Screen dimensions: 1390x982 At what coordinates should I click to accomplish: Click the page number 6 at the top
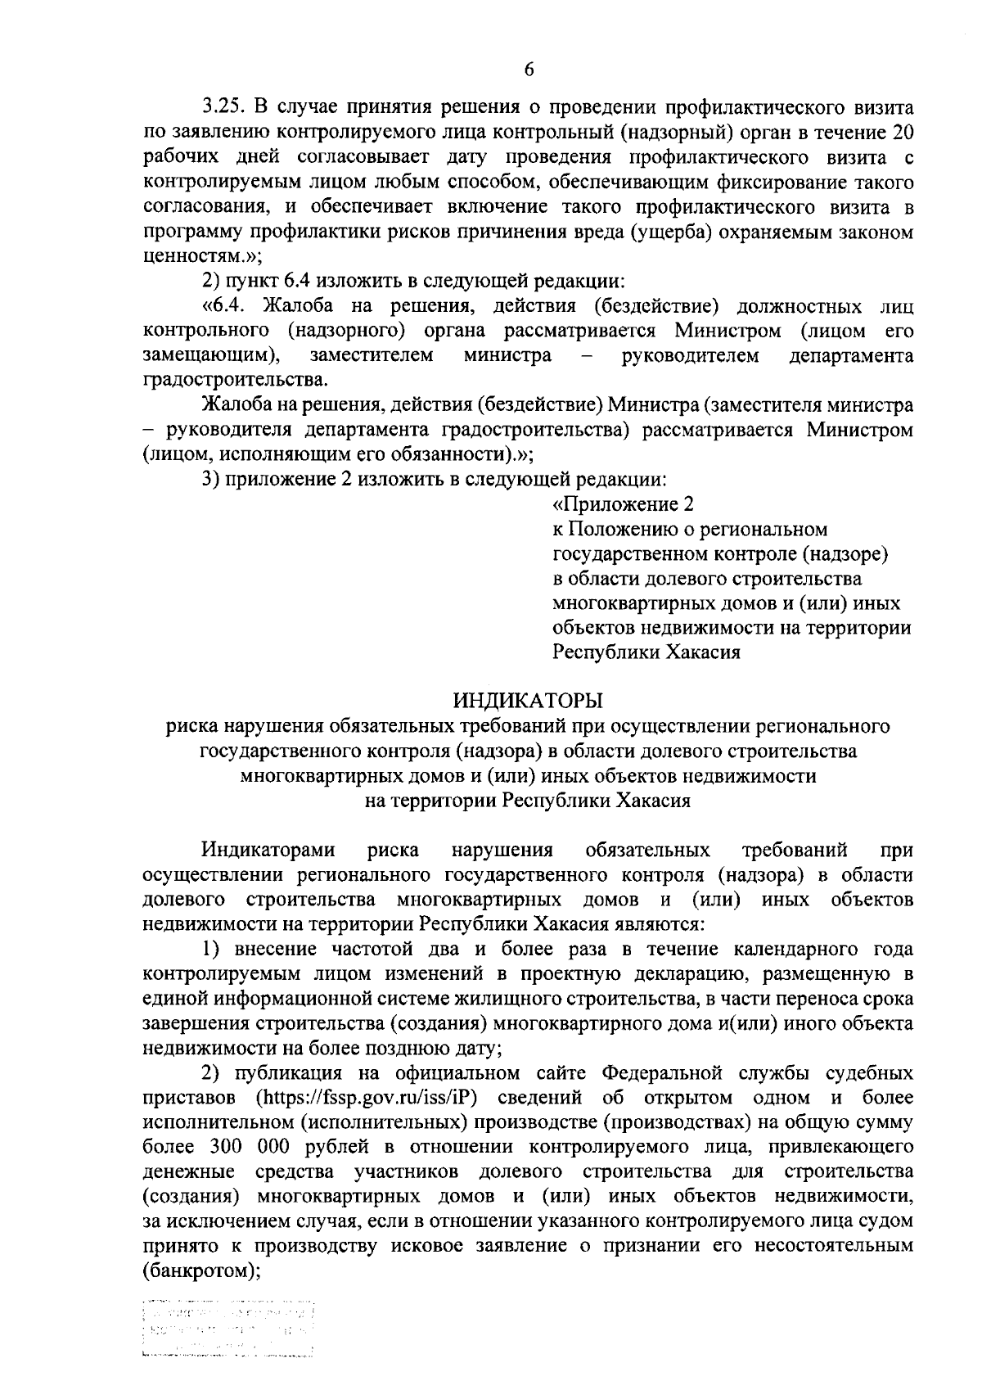click(x=529, y=70)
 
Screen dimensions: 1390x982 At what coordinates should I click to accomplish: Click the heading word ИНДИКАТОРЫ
click(x=528, y=700)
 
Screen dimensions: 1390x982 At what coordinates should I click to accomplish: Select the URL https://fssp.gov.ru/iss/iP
click(x=367, y=1097)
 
